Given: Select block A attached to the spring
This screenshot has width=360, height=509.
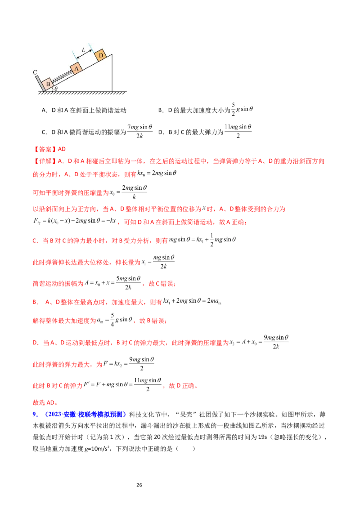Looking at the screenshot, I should point(76,68).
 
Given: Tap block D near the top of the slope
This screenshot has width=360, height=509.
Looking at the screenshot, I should point(101,55).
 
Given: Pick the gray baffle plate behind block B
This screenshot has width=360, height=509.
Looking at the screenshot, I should point(40,83).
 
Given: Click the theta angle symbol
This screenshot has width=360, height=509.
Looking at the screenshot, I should point(56,89).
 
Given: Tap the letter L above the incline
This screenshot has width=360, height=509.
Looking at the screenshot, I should point(83,49).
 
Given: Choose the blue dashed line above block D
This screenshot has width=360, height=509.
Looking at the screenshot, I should point(91,45).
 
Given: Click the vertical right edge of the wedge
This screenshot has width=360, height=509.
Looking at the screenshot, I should point(112,72).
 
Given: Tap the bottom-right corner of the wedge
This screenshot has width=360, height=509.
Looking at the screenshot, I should point(112,90).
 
